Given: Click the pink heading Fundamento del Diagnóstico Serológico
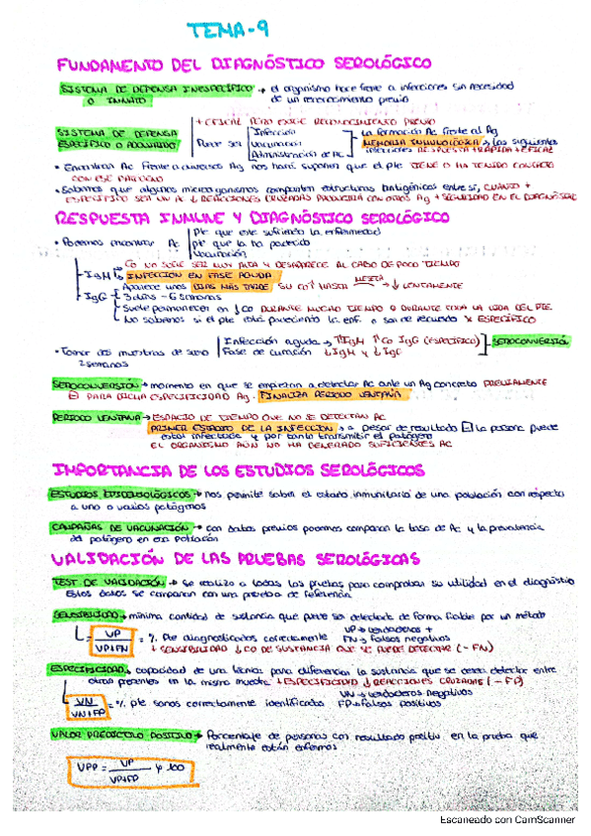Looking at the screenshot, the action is coord(246,64).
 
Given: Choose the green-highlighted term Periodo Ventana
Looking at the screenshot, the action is coord(85,418).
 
